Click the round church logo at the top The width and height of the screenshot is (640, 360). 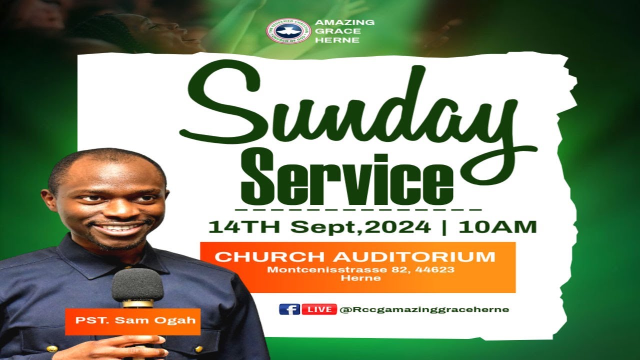pyautogui.click(x=288, y=31)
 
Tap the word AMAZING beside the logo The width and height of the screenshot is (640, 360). pyautogui.click(x=345, y=22)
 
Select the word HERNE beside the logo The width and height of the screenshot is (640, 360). pyautogui.click(x=337, y=40)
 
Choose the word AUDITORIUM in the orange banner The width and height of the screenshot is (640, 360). pyautogui.click(x=414, y=257)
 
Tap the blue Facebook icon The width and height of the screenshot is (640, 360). pyautogui.click(x=289, y=309)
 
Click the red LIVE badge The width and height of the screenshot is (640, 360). pyautogui.click(x=319, y=309)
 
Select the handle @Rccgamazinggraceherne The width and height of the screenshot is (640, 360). pyautogui.click(x=424, y=309)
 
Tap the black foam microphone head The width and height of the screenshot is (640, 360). pyautogui.click(x=137, y=285)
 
